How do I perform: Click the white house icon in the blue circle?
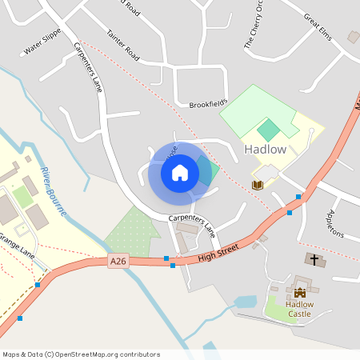click(x=180, y=172)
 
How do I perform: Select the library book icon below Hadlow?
click(x=258, y=185)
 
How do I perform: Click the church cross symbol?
click(x=314, y=260)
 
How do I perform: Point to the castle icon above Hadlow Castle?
click(x=300, y=293)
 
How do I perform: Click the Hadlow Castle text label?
click(x=300, y=309)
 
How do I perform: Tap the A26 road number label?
click(x=118, y=260)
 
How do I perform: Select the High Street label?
click(x=218, y=250)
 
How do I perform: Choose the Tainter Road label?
click(x=122, y=46)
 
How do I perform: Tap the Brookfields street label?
click(x=208, y=104)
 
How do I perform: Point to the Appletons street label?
click(x=335, y=224)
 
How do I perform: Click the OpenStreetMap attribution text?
click(x=81, y=354)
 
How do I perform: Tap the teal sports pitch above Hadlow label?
click(x=269, y=128)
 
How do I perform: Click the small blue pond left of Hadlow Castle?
click(x=246, y=302)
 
